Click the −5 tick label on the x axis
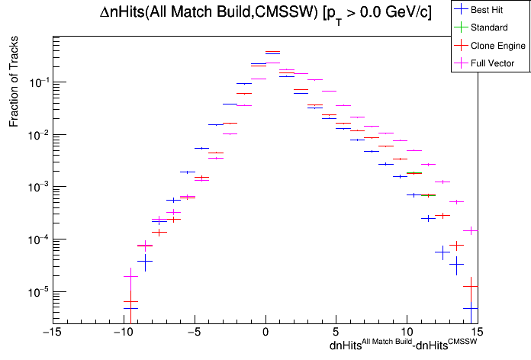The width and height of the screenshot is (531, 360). click(194, 332)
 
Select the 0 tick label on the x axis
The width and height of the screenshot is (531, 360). click(265, 332)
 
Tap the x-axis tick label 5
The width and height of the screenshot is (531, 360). click(336, 332)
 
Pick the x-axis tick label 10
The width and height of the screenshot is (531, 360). click(407, 332)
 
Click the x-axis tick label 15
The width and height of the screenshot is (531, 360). click(477, 332)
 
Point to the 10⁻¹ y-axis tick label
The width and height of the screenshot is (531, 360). click(34, 82)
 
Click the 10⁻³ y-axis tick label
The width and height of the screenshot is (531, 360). click(34, 187)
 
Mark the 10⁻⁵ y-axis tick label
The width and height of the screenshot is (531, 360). click(34, 292)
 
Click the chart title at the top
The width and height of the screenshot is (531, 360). click(265, 13)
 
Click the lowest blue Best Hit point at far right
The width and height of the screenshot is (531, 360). click(471, 308)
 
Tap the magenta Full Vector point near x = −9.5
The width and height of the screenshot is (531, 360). click(130, 276)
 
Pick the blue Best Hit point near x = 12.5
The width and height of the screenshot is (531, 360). click(443, 251)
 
